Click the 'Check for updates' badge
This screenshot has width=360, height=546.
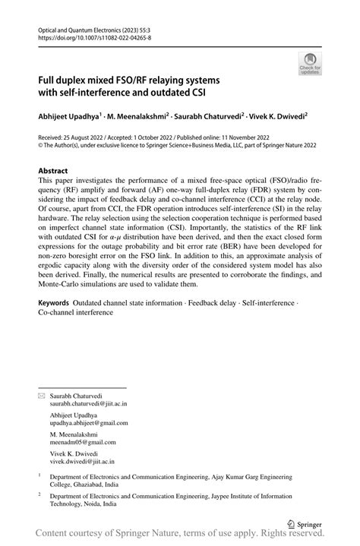coord(311,65)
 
